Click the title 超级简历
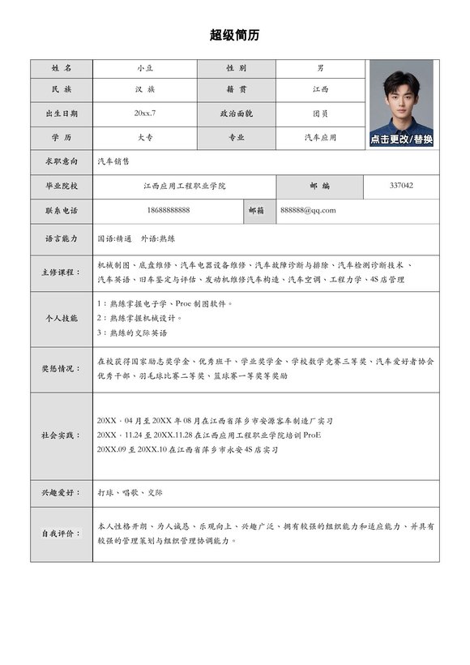tap(235, 35)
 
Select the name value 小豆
tap(145, 67)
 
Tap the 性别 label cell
tap(236, 67)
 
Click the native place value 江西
tap(320, 89)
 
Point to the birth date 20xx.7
tap(145, 114)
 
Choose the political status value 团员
tap(320, 114)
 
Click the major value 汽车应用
tap(320, 138)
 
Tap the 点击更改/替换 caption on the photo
tap(401, 139)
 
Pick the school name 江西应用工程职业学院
tap(184, 186)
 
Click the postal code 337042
tap(401, 186)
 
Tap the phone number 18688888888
tap(169, 210)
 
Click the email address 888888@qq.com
tap(308, 210)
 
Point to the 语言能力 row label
tap(62, 239)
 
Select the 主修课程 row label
tap(62, 272)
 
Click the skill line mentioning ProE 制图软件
tap(165, 303)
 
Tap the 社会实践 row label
tap(62, 435)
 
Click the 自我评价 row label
tap(62, 534)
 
